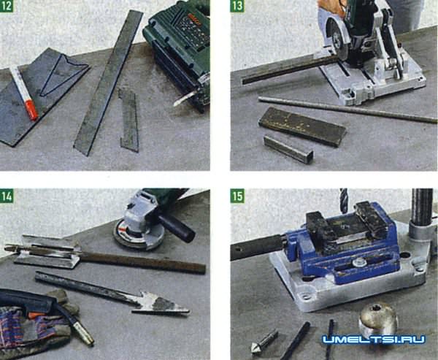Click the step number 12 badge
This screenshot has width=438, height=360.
tap(6, 6)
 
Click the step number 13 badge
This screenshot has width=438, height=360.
tap(237, 6)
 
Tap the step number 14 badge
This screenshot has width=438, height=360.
tap(7, 196)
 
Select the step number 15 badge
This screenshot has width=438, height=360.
tap(237, 196)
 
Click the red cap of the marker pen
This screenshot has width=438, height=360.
tap(31, 110)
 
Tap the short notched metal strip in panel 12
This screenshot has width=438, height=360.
tap(128, 120)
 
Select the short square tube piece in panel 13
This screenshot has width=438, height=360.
tap(288, 149)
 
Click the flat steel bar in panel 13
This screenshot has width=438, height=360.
tap(302, 126)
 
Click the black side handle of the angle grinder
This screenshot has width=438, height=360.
tap(177, 228)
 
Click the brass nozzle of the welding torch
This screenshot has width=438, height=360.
tap(83, 333)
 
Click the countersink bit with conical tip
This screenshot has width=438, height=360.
tap(264, 341)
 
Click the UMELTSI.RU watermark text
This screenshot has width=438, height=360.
tap(374, 340)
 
